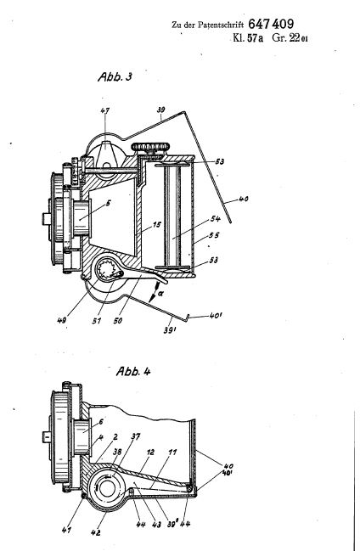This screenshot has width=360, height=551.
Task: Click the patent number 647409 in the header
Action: [x=271, y=24]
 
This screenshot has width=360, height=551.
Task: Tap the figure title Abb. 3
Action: [x=115, y=76]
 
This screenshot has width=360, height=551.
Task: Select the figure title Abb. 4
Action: [x=133, y=371]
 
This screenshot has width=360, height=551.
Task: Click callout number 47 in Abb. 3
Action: [x=105, y=110]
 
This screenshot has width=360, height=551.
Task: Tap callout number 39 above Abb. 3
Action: [x=160, y=110]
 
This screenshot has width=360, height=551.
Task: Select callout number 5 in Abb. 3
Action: [x=109, y=203]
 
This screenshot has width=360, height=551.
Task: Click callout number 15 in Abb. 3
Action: [x=156, y=224]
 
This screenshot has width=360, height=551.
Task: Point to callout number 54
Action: [x=215, y=218]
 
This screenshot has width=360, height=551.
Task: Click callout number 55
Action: [x=214, y=235]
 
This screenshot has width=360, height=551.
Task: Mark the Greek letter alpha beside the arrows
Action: [x=160, y=293]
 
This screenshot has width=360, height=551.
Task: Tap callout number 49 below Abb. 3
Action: [x=62, y=320]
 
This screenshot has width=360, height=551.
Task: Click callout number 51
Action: [x=96, y=320]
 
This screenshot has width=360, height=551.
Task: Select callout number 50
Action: [x=118, y=320]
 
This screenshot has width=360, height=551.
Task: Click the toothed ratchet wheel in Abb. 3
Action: [x=106, y=272]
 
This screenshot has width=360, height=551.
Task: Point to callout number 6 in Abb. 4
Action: [x=101, y=422]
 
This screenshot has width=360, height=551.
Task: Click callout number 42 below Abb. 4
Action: [x=95, y=532]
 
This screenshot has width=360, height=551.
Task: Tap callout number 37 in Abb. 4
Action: [x=135, y=436]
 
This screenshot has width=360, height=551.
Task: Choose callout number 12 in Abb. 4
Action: [x=150, y=452]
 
